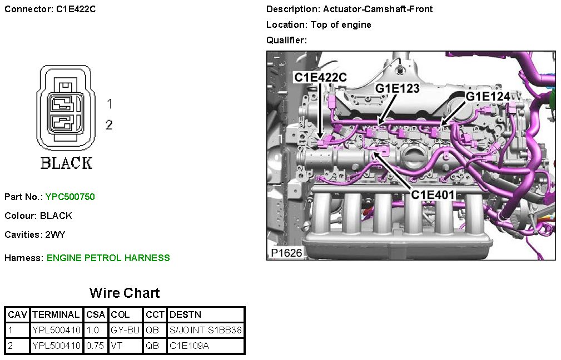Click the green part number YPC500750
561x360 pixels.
click(70, 197)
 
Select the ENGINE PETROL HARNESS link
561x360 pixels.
click(108, 258)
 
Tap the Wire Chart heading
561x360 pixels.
click(125, 293)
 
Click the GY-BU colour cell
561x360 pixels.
click(125, 330)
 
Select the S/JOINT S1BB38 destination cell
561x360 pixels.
click(206, 330)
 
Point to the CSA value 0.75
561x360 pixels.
click(95, 346)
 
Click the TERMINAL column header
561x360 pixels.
click(56, 314)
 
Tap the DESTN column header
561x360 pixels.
click(185, 314)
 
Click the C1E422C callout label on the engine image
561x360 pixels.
click(321, 77)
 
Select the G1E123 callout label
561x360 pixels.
click(397, 88)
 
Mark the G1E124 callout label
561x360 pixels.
click(488, 97)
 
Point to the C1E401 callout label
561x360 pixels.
click(433, 195)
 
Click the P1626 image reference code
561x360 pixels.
click(286, 253)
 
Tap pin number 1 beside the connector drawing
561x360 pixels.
click(110, 104)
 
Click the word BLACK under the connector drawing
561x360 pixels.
click(67, 163)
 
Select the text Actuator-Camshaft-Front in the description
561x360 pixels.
click(378, 9)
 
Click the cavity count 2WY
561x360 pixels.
click(55, 235)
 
